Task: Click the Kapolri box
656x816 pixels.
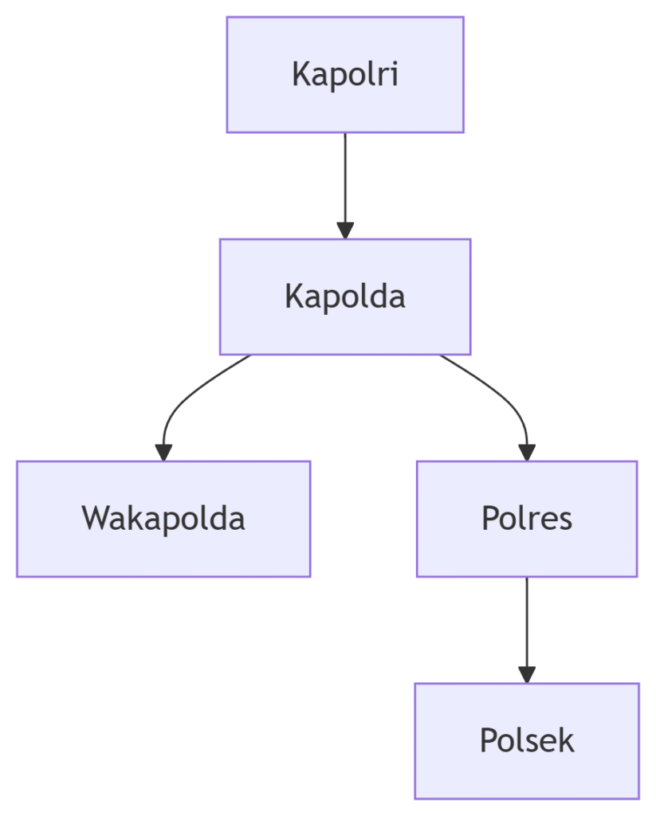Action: pos(344,74)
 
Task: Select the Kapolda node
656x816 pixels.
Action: pos(344,296)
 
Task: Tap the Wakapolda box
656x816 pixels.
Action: pos(163,518)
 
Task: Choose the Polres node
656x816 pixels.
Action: pos(526,518)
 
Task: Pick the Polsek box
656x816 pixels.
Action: pos(526,740)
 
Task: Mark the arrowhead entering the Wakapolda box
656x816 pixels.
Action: pos(163,452)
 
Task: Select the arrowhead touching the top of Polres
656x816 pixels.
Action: pos(526,452)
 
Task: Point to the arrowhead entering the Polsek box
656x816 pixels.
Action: pos(526,674)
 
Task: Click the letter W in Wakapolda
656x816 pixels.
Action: pos(96,518)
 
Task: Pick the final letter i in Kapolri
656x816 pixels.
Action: pos(394,75)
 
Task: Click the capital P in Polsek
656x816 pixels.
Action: pos(488,741)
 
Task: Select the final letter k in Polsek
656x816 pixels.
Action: pos(566,740)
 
